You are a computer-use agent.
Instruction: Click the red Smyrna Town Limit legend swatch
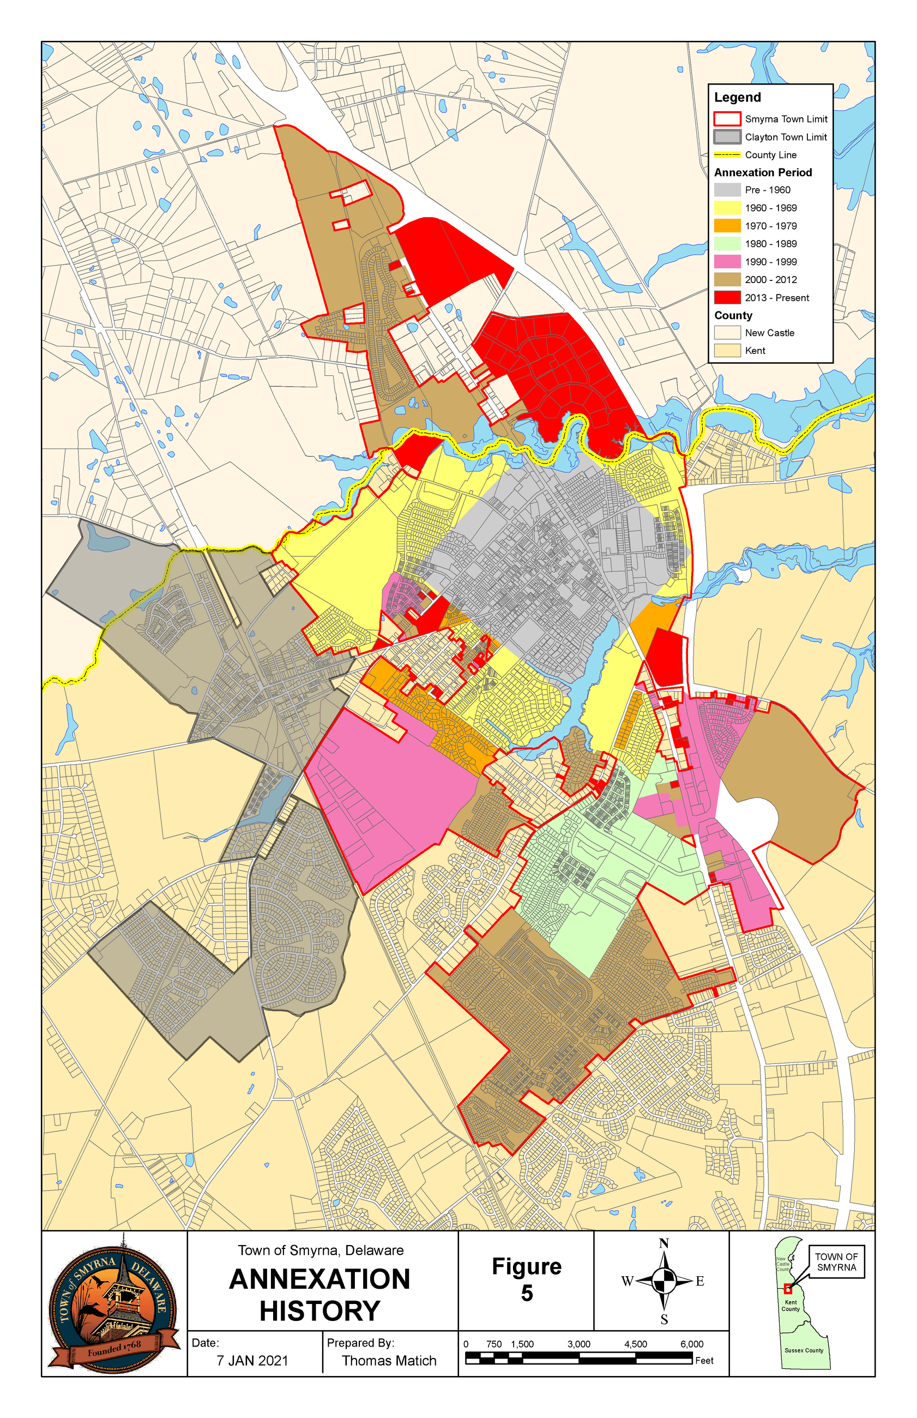click(x=727, y=118)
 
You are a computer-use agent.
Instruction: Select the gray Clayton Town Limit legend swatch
click(x=727, y=137)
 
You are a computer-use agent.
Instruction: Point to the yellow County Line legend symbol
click(x=727, y=155)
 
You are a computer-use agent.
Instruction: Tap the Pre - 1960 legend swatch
click(x=727, y=190)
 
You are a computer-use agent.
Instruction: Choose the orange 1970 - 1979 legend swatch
click(x=727, y=226)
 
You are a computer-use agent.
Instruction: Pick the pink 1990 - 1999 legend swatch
click(x=727, y=261)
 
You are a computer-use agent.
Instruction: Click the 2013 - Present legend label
click(x=776, y=298)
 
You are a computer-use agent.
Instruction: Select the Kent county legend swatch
click(x=727, y=351)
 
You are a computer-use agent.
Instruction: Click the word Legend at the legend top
click(x=737, y=98)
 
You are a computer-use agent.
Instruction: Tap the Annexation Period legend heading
click(x=763, y=173)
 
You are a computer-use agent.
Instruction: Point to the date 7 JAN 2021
click(x=252, y=1361)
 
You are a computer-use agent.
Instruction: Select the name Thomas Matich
click(x=389, y=1361)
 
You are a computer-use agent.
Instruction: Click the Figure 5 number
click(x=527, y=1293)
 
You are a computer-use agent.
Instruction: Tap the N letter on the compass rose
click(x=664, y=1243)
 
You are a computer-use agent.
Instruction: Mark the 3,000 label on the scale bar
click(x=578, y=1344)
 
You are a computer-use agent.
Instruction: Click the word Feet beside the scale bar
click(x=704, y=1361)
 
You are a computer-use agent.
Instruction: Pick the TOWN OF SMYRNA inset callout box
click(x=836, y=1261)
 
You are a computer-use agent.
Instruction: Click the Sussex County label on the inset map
click(x=803, y=1351)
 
